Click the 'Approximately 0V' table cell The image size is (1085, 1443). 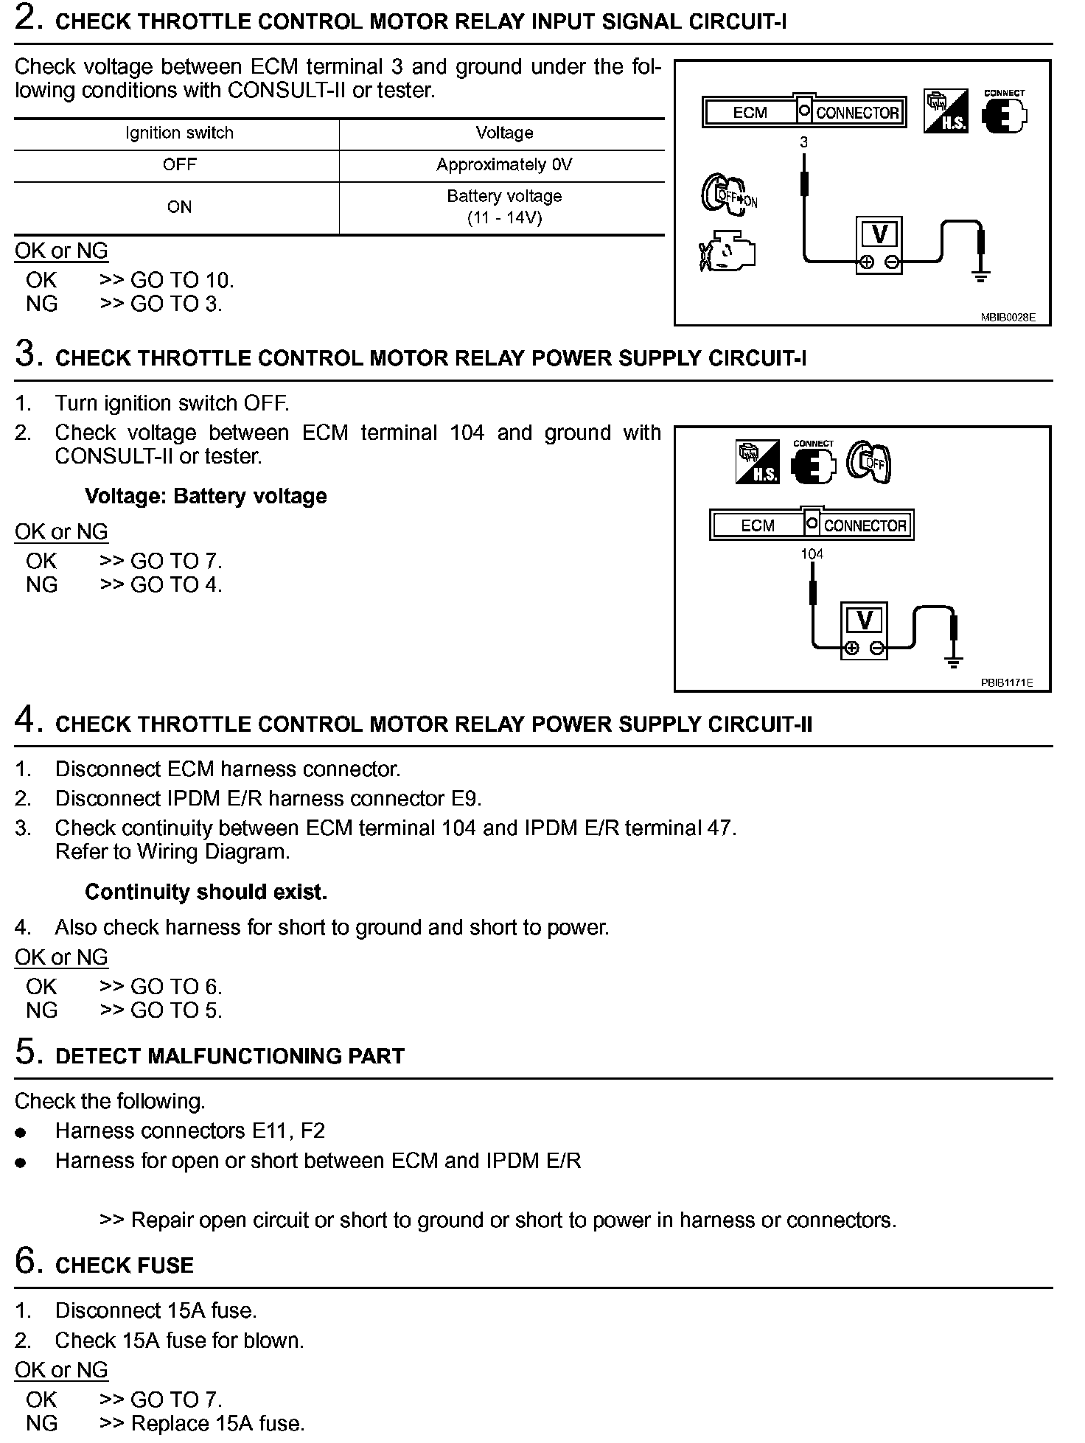(x=504, y=165)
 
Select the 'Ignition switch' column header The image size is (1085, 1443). (x=179, y=133)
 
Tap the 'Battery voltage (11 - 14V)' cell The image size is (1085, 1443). (x=504, y=207)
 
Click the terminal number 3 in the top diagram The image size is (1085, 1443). (x=803, y=142)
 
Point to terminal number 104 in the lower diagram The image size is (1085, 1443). (x=812, y=554)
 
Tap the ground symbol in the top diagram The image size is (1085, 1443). (x=980, y=276)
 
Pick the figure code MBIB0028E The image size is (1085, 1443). (x=1008, y=318)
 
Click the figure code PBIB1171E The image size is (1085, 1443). (x=1006, y=683)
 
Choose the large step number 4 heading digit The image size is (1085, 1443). (x=26, y=720)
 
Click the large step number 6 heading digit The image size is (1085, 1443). (x=26, y=1261)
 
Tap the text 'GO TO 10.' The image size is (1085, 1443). (x=182, y=280)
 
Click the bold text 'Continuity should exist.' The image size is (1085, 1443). (x=206, y=892)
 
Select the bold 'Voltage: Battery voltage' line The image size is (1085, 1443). (x=206, y=496)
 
